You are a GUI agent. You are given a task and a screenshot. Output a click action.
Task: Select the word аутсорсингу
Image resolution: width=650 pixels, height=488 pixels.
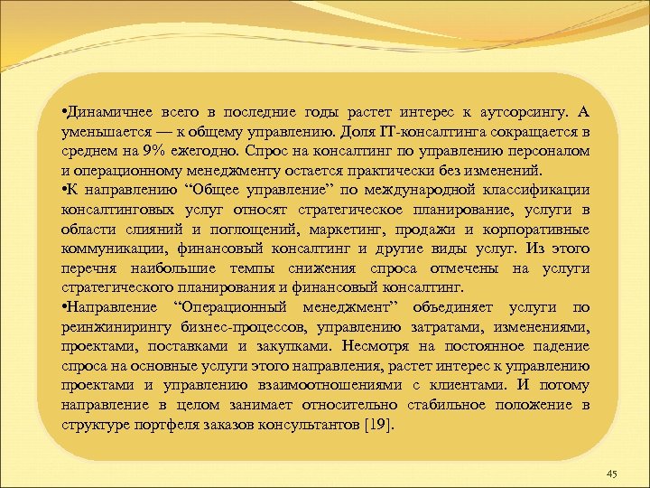pyautogui.click(x=521, y=112)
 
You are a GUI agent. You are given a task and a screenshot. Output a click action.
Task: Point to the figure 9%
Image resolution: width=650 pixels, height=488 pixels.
pyautogui.click(x=155, y=150)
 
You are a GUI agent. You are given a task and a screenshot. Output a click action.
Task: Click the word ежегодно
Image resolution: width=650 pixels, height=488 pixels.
pyautogui.click(x=210, y=150)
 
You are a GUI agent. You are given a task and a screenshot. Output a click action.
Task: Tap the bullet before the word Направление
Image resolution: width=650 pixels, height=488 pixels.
pyautogui.click(x=64, y=307)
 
